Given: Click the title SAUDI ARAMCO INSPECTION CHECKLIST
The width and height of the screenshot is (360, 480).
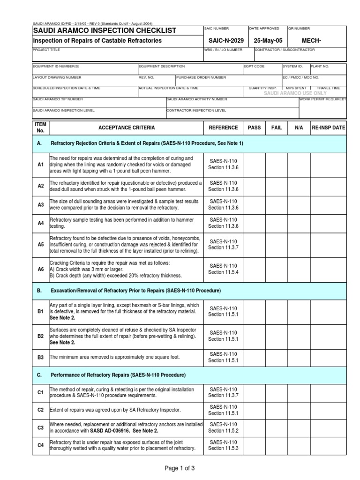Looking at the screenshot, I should tap(104, 31).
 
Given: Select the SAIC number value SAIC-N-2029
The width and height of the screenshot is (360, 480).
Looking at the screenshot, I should tap(224, 41).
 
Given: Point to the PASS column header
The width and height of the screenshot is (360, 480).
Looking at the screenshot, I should tap(254, 127).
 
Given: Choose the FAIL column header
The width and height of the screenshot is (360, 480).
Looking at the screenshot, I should tap(277, 127).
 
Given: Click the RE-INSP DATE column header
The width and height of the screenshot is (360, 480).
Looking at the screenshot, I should tap(328, 127).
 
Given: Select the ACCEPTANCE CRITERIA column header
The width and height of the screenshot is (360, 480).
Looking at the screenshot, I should tap(126, 127).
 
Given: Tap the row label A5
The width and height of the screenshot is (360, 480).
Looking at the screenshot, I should tap(40, 245).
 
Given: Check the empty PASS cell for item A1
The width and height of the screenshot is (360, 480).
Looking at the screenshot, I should tap(254, 165).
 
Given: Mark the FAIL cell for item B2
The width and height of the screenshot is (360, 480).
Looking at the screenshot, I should tap(277, 336).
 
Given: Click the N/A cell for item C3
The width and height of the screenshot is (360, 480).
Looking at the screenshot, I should tap(299, 427).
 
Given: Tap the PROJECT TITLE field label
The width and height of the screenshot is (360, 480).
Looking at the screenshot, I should tap(46, 50).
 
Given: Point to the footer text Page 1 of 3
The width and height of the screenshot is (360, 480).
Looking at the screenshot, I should tap(180, 467).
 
